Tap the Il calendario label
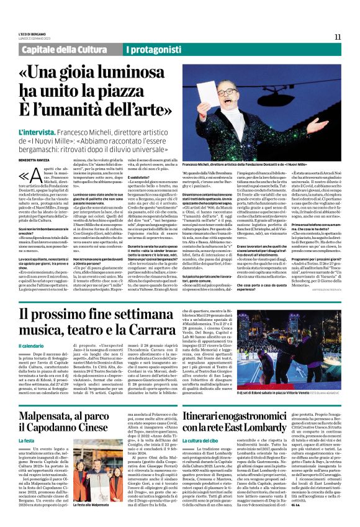(x=35, y=346)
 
